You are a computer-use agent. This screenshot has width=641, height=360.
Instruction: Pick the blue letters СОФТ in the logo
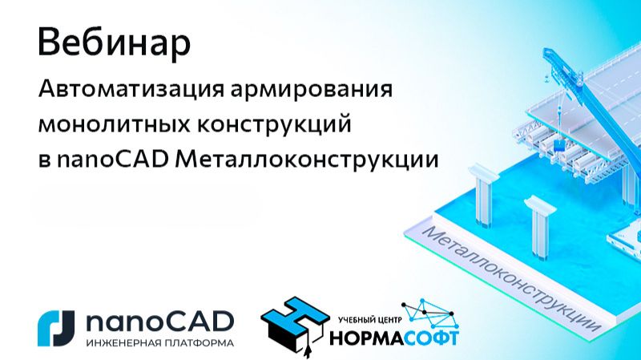(432, 337)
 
